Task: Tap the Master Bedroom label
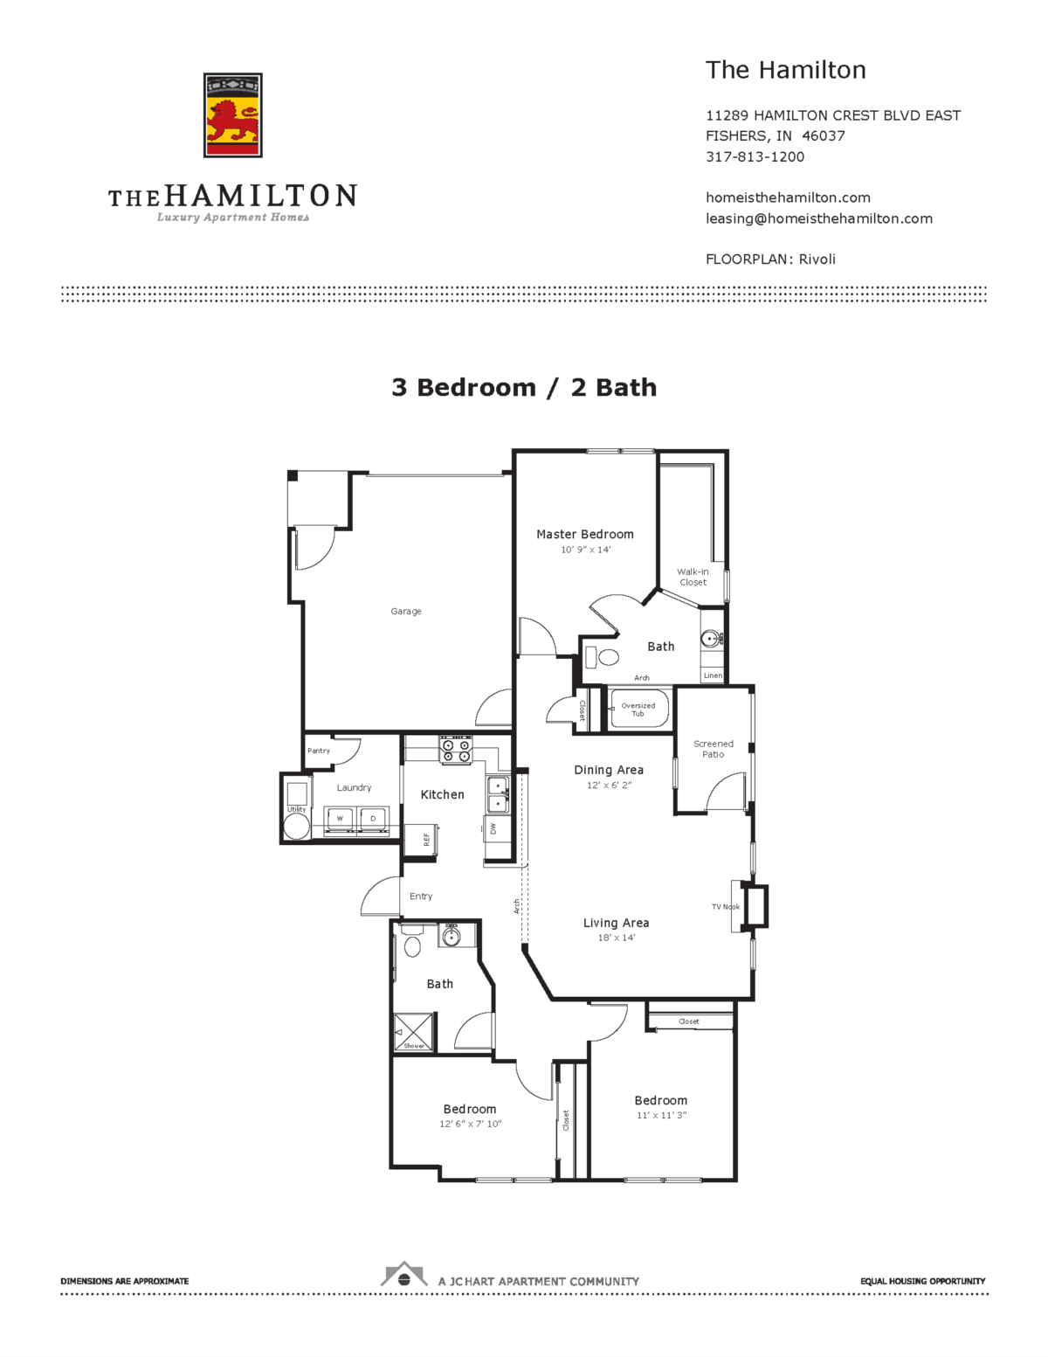click(x=584, y=534)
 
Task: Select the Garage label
click(x=405, y=612)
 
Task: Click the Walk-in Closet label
click(x=693, y=577)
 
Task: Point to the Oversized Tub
click(x=638, y=710)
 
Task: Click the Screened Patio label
click(x=713, y=749)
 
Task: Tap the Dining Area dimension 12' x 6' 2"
click(x=608, y=786)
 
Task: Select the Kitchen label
click(x=442, y=794)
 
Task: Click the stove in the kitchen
click(x=455, y=750)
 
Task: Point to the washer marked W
click(x=340, y=819)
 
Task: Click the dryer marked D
click(x=373, y=819)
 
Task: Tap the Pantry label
click(x=319, y=751)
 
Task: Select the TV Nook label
click(x=725, y=907)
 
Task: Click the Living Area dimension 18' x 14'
click(x=616, y=938)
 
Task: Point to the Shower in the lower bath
click(x=414, y=1031)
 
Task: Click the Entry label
click(x=421, y=897)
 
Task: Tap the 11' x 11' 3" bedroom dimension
click(x=661, y=1116)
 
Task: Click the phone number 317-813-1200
click(x=755, y=156)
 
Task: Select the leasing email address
click(x=818, y=218)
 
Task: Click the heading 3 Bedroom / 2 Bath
click(x=524, y=387)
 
